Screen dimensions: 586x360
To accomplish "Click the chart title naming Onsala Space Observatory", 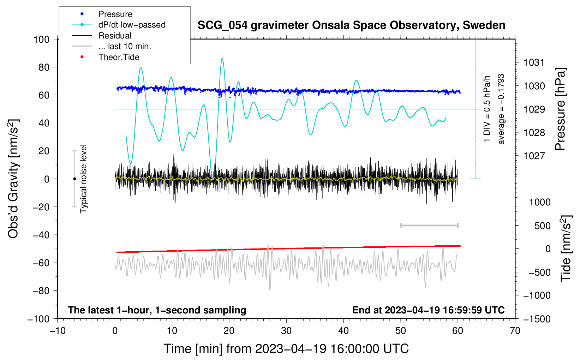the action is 351,25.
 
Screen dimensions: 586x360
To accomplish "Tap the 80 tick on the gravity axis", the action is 44,67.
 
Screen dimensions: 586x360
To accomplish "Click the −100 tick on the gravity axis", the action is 38,319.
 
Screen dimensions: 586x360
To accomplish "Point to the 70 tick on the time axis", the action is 515,331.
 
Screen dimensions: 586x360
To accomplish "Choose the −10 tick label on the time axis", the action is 58,331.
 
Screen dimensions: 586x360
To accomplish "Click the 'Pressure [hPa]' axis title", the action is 560,109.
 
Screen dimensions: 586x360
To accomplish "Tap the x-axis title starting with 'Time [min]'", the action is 286,349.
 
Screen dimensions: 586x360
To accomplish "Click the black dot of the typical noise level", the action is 74,179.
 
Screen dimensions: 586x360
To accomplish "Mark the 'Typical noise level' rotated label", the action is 83,179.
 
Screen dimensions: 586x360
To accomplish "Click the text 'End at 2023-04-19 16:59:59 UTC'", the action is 428,310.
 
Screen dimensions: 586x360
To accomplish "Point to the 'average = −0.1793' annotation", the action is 501,109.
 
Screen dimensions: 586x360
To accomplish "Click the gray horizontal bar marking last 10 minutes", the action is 429,226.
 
